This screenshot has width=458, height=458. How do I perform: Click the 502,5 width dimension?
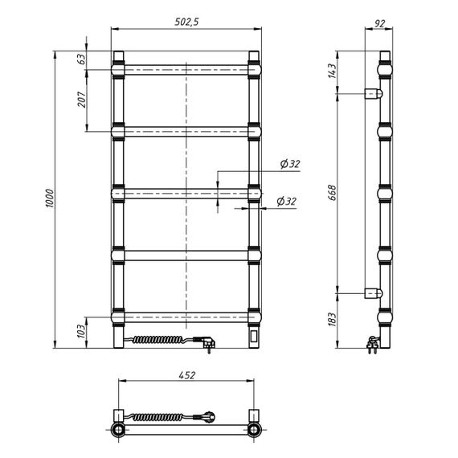pos(186,22)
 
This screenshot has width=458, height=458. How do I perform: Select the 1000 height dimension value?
pos(50,198)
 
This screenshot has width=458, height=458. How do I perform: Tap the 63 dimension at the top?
pos(83,59)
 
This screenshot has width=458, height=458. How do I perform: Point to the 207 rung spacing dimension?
pos(83,100)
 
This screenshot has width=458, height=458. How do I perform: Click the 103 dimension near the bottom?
pos(82,332)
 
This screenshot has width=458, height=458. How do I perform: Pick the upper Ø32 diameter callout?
pos(290,164)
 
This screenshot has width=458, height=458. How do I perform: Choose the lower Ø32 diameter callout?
pos(286,201)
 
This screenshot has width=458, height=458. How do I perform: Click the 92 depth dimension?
pos(379,23)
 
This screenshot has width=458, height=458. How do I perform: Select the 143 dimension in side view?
pos(333,71)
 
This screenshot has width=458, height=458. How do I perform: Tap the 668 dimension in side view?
pos(333,193)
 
